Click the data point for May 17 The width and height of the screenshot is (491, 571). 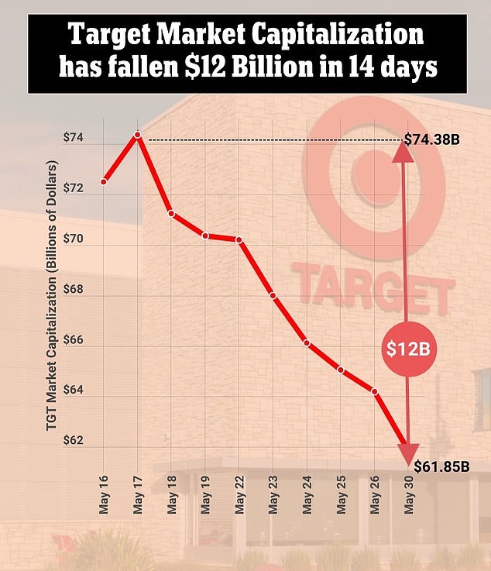[138, 135]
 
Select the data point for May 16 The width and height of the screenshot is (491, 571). [104, 182]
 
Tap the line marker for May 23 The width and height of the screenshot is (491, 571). [273, 296]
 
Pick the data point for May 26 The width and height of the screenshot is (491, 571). [375, 392]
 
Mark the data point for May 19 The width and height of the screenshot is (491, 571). [205, 236]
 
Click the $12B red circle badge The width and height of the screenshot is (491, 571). [407, 349]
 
